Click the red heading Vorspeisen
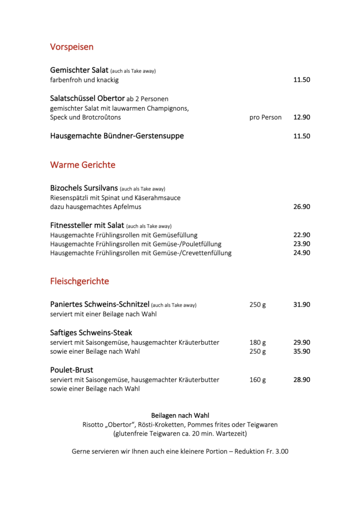click(x=72, y=47)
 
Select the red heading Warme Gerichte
click(x=82, y=165)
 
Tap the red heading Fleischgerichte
click(x=79, y=281)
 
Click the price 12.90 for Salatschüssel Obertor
click(x=301, y=118)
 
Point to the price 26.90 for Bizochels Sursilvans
click(x=301, y=207)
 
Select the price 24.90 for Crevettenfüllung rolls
click(x=301, y=253)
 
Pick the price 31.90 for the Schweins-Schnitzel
click(x=301, y=305)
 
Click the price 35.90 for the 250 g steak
click(x=301, y=352)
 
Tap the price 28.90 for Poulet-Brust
click(x=301, y=380)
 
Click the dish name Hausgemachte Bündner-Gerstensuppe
click(x=117, y=136)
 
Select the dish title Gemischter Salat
click(x=79, y=70)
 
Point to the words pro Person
click(x=265, y=118)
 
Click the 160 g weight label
click(x=257, y=380)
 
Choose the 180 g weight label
click(x=257, y=343)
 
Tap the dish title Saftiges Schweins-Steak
click(x=91, y=333)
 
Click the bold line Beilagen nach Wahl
click(x=180, y=415)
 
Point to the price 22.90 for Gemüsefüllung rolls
click(x=301, y=235)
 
